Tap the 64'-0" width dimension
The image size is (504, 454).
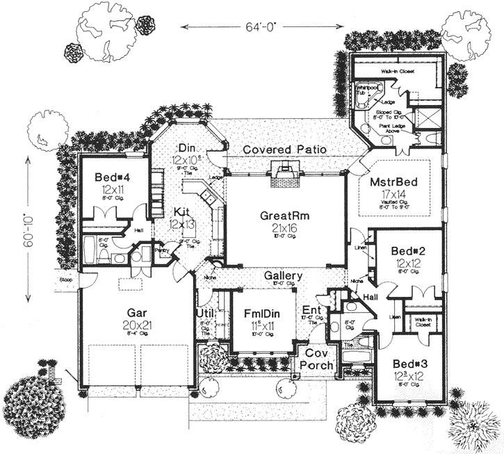[x=261, y=27]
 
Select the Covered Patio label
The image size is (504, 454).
[x=285, y=149]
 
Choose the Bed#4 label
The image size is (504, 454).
[x=113, y=177]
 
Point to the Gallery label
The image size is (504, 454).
[x=283, y=276]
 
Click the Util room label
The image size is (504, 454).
[x=205, y=314]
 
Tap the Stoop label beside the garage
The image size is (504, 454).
[x=64, y=280]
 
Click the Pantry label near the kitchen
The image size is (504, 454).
[x=164, y=252]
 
